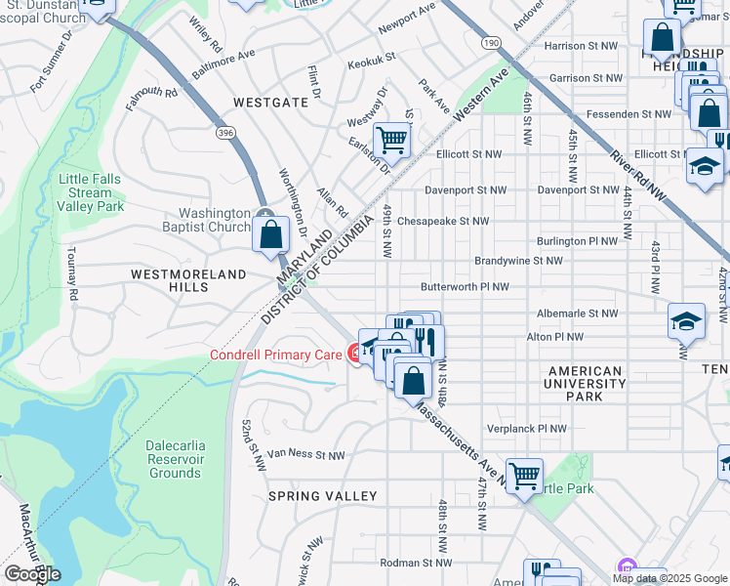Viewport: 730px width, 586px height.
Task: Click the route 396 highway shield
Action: [x=226, y=132]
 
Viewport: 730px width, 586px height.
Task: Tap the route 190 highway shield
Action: [x=490, y=43]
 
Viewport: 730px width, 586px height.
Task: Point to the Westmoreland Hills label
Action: [x=188, y=281]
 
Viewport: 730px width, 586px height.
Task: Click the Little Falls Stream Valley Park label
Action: [x=91, y=192]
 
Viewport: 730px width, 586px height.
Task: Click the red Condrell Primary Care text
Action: [x=276, y=355]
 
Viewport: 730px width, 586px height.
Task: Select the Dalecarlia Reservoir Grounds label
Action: [x=175, y=459]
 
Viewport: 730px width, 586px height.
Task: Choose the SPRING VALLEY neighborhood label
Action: [x=323, y=496]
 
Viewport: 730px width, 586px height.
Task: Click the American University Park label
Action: [x=585, y=384]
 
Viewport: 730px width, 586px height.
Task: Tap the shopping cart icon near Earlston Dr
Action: [x=391, y=139]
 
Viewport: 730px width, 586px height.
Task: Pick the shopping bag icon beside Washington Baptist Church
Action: [x=270, y=235]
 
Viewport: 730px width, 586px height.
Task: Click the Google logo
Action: [x=32, y=573]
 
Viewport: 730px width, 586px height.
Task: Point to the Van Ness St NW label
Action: [x=306, y=455]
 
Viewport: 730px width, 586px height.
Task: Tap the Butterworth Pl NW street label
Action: [x=465, y=287]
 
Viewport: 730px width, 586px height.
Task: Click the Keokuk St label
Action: [x=372, y=59]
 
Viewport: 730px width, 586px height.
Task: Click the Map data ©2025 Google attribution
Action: [x=670, y=578]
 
